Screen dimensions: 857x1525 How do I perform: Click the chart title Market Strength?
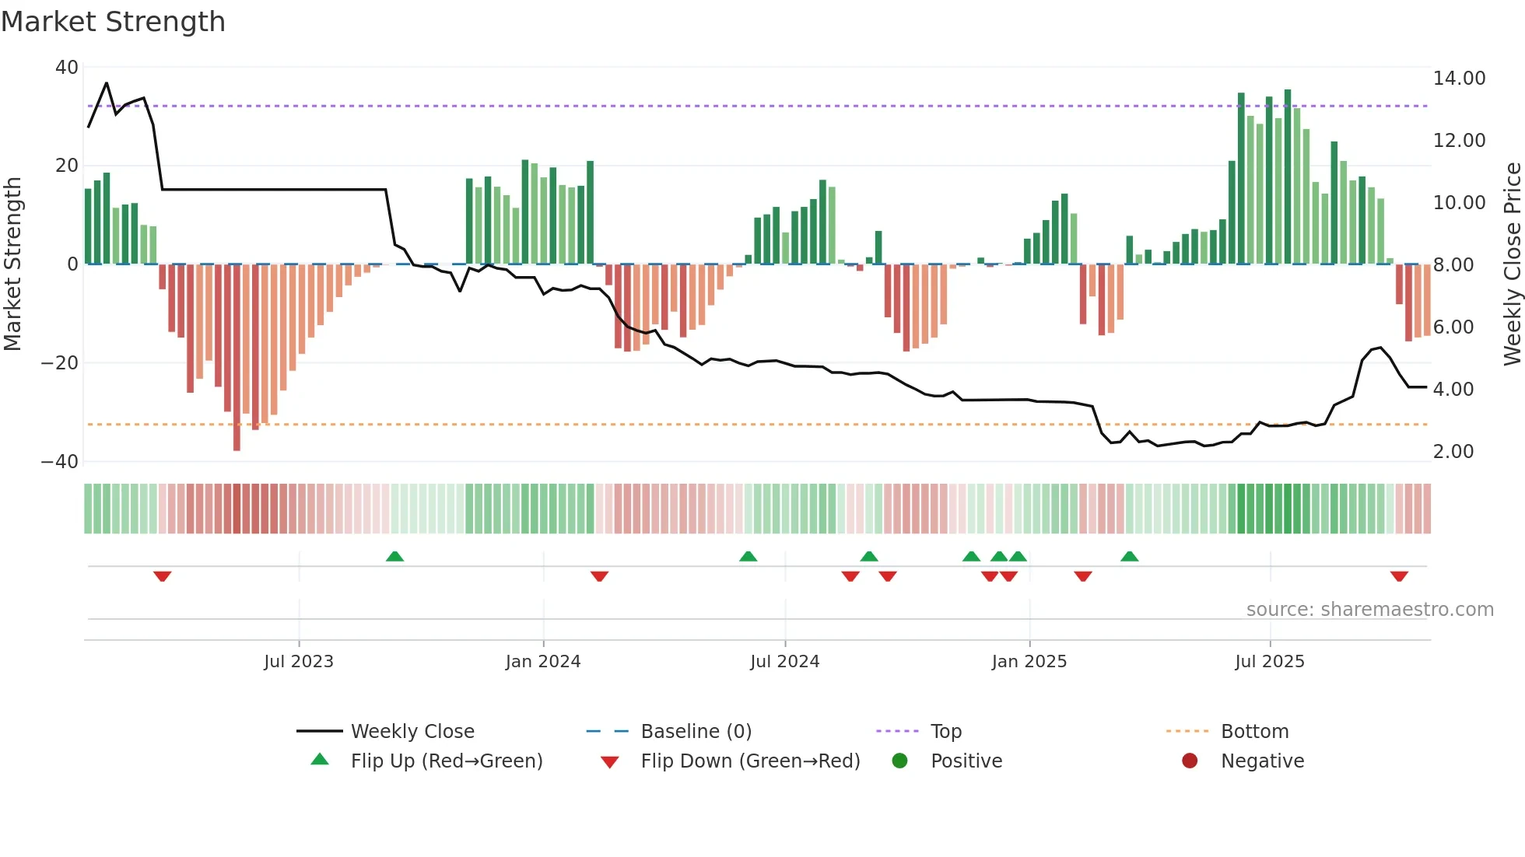[113, 22]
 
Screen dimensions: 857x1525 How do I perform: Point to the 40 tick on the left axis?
[67, 68]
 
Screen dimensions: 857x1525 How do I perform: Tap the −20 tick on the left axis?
[60, 363]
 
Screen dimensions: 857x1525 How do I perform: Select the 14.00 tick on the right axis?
[1459, 79]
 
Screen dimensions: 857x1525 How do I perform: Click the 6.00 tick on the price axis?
[1453, 327]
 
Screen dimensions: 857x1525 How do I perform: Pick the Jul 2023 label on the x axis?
[299, 662]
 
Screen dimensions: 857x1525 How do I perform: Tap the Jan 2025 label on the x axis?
[1029, 662]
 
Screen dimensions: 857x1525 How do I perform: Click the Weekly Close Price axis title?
[1512, 264]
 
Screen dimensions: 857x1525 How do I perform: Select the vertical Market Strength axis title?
[13, 264]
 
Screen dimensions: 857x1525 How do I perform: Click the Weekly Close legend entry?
[412, 732]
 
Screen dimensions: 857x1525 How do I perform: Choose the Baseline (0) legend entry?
[696, 732]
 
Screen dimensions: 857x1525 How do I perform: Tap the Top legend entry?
[945, 732]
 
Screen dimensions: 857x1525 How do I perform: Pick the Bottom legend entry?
[1254, 732]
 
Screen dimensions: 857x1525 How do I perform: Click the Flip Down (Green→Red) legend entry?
[749, 761]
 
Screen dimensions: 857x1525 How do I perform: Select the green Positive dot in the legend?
[899, 761]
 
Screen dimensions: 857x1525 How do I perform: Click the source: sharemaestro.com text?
[1369, 610]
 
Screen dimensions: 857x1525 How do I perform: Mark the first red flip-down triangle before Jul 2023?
[162, 576]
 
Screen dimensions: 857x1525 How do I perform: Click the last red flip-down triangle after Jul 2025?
[1399, 576]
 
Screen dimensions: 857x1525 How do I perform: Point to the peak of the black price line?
[107, 83]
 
